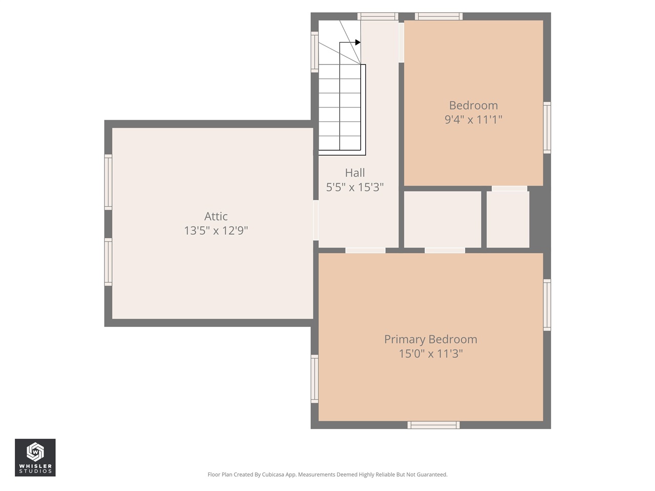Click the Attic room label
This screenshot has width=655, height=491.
215,216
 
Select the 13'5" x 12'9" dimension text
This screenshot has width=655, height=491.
215,231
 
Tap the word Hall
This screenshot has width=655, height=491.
355,173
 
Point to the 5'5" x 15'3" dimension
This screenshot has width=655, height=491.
355,187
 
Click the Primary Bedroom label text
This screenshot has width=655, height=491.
430,339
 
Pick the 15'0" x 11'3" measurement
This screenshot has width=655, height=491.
430,353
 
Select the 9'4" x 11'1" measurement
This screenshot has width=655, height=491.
473,120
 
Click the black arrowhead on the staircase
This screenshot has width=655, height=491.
358,42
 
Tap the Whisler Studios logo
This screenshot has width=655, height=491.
35,457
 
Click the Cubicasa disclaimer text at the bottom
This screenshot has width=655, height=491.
327,475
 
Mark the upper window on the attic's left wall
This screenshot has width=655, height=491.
108,182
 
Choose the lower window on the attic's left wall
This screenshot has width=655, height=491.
108,262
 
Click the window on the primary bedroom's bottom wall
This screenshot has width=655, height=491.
433,425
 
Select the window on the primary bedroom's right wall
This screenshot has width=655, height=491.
547,305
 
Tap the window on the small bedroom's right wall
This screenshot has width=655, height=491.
547,127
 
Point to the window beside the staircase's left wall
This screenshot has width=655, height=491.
315,52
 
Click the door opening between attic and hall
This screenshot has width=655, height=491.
316,220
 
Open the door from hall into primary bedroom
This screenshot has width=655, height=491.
365,250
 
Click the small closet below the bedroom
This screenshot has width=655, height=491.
508,219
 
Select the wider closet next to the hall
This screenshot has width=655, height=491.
443,219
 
